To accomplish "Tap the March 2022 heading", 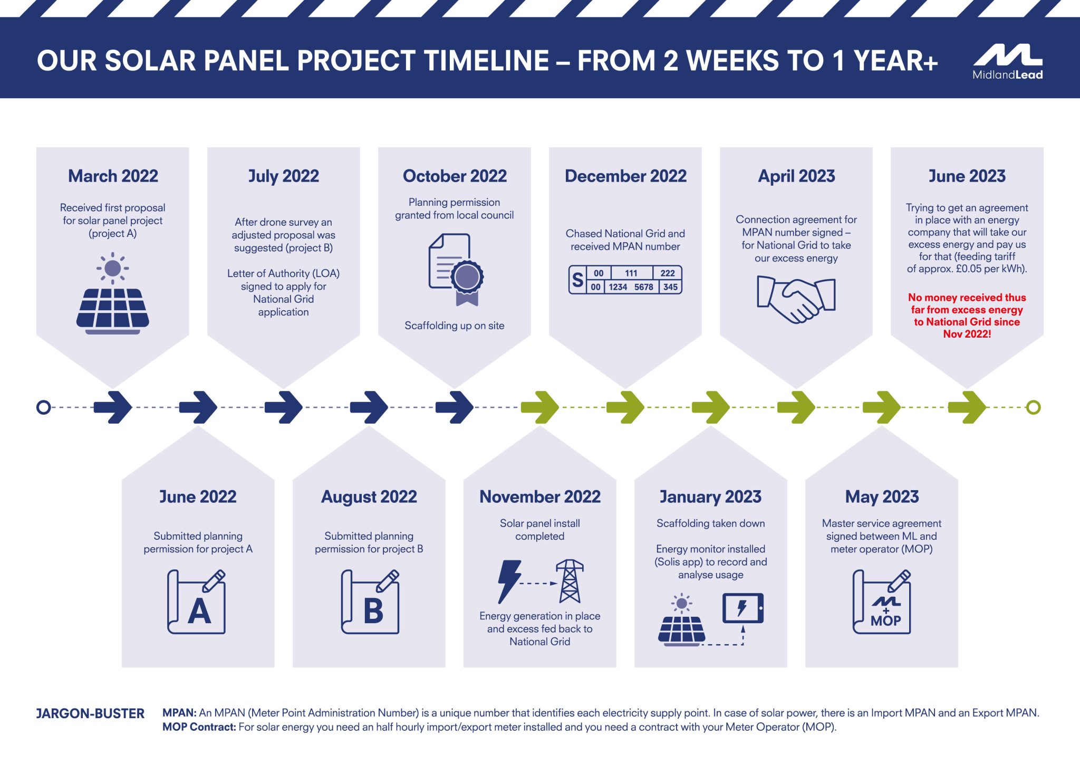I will click(x=113, y=176).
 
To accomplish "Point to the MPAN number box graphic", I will click(x=625, y=280).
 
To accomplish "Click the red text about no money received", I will click(x=967, y=316).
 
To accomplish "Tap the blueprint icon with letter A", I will click(x=197, y=602).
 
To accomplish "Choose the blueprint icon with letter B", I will click(x=370, y=602).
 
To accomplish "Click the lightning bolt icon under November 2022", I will click(x=509, y=581).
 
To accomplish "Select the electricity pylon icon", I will click(x=570, y=581).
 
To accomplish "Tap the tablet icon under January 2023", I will click(x=742, y=608).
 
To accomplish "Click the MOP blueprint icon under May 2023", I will click(x=882, y=602).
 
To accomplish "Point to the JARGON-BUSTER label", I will click(x=90, y=714).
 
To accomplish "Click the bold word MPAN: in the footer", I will click(x=179, y=713).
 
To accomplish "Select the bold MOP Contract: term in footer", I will click(x=199, y=727).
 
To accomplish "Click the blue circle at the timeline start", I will click(x=44, y=407).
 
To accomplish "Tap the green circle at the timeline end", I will click(x=1033, y=407).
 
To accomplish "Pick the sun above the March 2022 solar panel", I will click(x=112, y=268).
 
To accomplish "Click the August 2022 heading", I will click(x=369, y=496).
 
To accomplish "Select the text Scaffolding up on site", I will click(x=454, y=326).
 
